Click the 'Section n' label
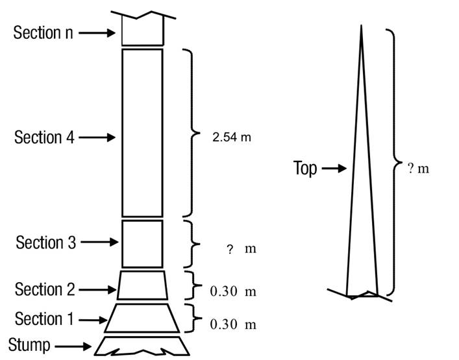(x=43, y=32)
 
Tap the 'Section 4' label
(x=44, y=137)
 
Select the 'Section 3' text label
(x=46, y=243)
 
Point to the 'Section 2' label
(x=45, y=289)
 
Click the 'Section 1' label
(x=44, y=318)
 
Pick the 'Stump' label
(x=29, y=345)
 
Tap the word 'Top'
(x=305, y=169)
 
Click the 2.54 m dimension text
(x=232, y=137)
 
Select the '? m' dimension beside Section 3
(x=242, y=249)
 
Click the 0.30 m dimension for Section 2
(x=233, y=291)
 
